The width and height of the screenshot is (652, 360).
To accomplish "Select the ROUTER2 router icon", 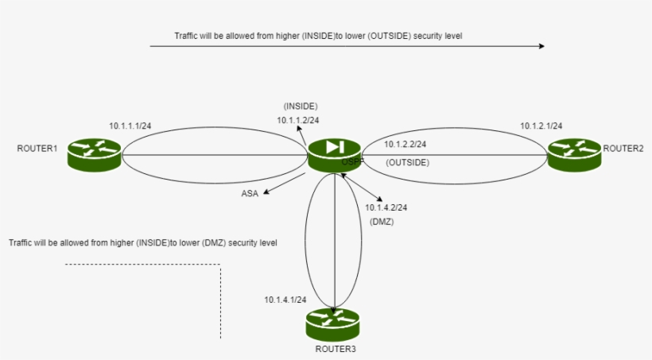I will point(574,154).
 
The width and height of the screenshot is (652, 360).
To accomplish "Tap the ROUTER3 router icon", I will point(333,323).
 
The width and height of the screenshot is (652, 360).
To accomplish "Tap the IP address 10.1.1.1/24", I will point(130,126).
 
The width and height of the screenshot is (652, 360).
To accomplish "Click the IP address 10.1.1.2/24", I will point(298,120).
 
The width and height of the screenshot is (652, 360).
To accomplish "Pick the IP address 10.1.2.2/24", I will point(405,145).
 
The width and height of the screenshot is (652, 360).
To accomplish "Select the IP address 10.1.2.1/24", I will point(541,126).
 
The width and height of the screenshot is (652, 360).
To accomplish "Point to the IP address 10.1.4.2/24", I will point(386,207).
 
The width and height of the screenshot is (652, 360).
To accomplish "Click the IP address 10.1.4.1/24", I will point(286,300).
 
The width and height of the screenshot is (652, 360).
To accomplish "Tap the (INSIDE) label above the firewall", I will point(301,106).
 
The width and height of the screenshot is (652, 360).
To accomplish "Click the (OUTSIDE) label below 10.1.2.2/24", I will point(408,162).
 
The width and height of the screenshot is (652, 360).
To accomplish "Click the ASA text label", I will point(250,193).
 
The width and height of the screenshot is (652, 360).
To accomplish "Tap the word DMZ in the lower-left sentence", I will point(213,242).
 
